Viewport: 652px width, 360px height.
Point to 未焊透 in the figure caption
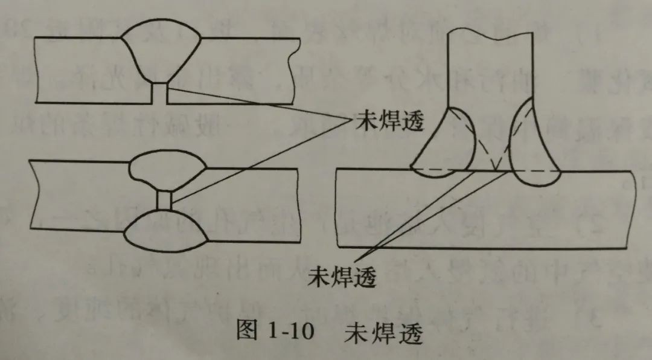pyautogui.click(x=383, y=333)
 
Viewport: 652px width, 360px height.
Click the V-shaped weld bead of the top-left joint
pyautogui.click(x=161, y=51)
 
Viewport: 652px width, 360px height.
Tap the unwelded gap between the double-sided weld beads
pyautogui.click(x=164, y=201)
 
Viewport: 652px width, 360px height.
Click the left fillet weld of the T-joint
pyautogui.click(x=443, y=143)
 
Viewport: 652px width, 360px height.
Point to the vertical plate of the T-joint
pyautogui.click(x=490, y=69)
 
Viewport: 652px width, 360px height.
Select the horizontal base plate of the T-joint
pyautogui.click(x=485, y=209)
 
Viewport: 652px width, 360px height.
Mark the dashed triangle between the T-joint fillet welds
pyautogui.click(x=494, y=151)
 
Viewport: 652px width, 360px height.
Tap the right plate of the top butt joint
pyautogui.click(x=233, y=71)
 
